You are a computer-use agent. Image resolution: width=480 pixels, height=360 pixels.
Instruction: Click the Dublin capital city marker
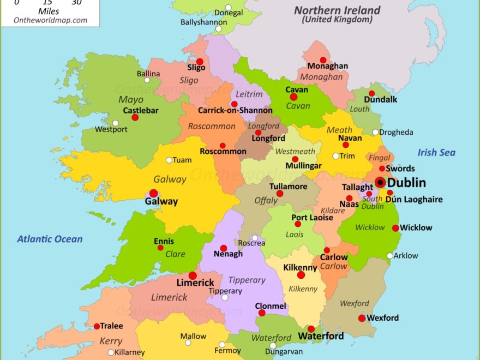tap(380, 183)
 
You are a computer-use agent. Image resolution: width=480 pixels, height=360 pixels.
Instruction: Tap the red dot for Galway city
tap(154, 193)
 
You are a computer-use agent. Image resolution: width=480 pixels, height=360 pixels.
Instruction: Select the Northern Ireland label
tap(338, 10)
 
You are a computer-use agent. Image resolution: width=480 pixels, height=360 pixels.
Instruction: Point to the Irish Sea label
tap(436, 153)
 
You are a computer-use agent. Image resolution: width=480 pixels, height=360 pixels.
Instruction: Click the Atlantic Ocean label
tap(50, 239)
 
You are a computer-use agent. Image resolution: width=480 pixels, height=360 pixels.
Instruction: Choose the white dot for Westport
tap(115, 123)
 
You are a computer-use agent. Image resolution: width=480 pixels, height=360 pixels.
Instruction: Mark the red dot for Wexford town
tap(362, 318)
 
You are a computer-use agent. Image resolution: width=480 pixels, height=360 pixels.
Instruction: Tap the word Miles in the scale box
tap(49, 11)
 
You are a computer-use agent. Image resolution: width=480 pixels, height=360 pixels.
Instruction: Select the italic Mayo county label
tap(131, 100)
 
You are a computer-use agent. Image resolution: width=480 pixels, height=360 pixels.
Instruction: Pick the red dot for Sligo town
tap(200, 62)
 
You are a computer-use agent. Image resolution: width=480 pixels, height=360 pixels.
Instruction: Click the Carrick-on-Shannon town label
tap(235, 111)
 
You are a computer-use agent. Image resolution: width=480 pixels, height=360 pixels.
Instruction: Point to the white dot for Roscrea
tap(255, 238)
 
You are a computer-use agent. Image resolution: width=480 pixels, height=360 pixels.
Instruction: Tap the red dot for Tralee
tap(97, 326)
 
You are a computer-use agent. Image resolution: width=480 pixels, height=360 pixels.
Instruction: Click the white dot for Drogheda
tap(375, 132)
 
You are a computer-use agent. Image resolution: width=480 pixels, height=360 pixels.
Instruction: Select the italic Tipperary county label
tap(247, 280)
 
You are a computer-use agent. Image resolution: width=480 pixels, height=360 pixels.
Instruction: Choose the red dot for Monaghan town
tap(323, 60)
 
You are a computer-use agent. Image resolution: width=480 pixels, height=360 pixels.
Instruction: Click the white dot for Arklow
tap(389, 256)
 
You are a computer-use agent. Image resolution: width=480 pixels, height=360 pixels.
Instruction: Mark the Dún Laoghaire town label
tap(414, 200)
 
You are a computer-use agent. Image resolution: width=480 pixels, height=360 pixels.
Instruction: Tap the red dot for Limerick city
tap(193, 275)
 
